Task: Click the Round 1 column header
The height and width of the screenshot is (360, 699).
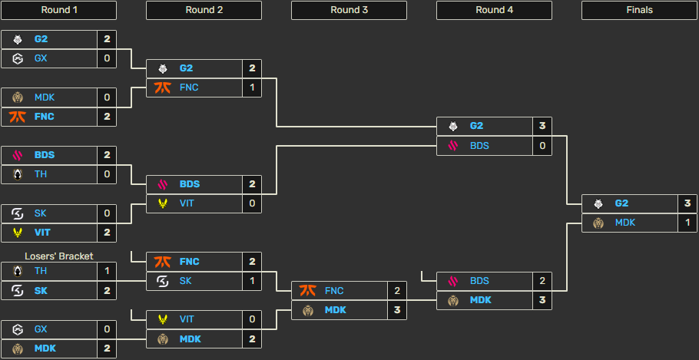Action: pyautogui.click(x=58, y=10)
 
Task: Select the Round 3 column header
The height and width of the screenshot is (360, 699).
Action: pyautogui.click(x=349, y=10)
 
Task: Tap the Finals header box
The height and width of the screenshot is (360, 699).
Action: pyautogui.click(x=639, y=10)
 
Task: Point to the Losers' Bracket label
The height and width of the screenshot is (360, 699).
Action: pyautogui.click(x=58, y=256)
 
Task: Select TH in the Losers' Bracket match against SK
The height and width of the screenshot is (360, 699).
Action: pyautogui.click(x=41, y=271)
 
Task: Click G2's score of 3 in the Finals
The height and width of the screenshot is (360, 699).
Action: pyautogui.click(x=687, y=203)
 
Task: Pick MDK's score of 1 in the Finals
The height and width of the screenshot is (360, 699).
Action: pyautogui.click(x=687, y=223)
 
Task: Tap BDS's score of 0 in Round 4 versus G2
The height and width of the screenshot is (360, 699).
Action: pyautogui.click(x=542, y=145)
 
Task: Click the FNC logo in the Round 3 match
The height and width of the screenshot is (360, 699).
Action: pyautogui.click(x=307, y=291)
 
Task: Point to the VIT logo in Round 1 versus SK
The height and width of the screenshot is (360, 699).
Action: pyautogui.click(x=17, y=232)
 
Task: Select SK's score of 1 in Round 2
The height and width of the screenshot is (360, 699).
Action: pyautogui.click(x=251, y=281)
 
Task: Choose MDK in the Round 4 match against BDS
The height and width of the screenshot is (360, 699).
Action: pyautogui.click(x=480, y=300)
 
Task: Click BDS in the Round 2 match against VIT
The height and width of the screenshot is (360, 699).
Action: pyautogui.click(x=190, y=184)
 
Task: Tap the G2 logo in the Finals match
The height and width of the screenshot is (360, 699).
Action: pyautogui.click(x=598, y=203)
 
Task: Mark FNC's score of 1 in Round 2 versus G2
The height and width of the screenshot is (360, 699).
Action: pyautogui.click(x=251, y=88)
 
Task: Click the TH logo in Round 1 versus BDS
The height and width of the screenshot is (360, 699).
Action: pyautogui.click(x=17, y=174)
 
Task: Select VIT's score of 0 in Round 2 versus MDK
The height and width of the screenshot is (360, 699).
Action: pyautogui.click(x=251, y=319)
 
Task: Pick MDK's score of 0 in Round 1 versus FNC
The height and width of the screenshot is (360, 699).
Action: pyautogui.click(x=107, y=97)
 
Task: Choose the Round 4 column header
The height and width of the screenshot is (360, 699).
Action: pyautogui.click(x=494, y=10)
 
